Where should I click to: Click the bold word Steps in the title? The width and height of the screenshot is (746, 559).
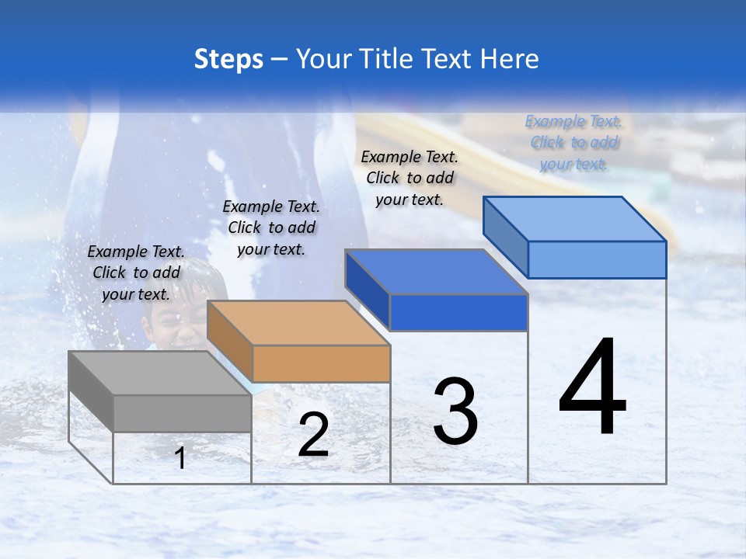click(x=228, y=60)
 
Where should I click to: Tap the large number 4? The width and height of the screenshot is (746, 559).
click(x=593, y=387)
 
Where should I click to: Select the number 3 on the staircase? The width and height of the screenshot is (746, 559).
click(x=455, y=411)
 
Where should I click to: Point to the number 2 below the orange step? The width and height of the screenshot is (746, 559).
click(x=314, y=434)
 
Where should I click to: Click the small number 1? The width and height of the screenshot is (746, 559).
click(x=180, y=458)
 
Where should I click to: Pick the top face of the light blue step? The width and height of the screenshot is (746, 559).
click(x=575, y=219)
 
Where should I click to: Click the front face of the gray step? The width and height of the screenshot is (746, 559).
click(x=182, y=413)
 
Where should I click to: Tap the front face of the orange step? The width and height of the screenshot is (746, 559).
click(x=321, y=363)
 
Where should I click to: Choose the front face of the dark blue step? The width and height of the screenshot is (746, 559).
click(x=458, y=312)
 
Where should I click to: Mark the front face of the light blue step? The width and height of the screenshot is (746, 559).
click(x=597, y=259)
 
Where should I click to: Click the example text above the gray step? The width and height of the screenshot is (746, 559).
click(x=136, y=273)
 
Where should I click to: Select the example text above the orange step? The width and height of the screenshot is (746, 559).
click(x=271, y=227)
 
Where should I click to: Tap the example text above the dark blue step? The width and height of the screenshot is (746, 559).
click(x=410, y=178)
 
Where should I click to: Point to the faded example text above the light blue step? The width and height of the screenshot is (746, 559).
click(x=573, y=142)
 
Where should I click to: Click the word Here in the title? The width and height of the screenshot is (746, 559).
click(x=509, y=60)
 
